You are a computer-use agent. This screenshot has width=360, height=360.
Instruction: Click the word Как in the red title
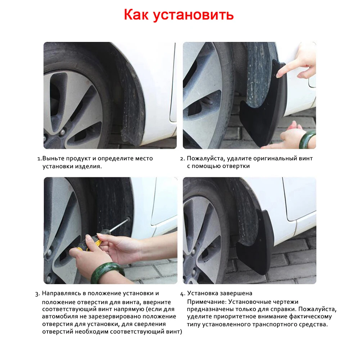tap(137, 15)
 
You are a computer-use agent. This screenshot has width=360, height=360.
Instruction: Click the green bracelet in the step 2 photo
tap(307, 139)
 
